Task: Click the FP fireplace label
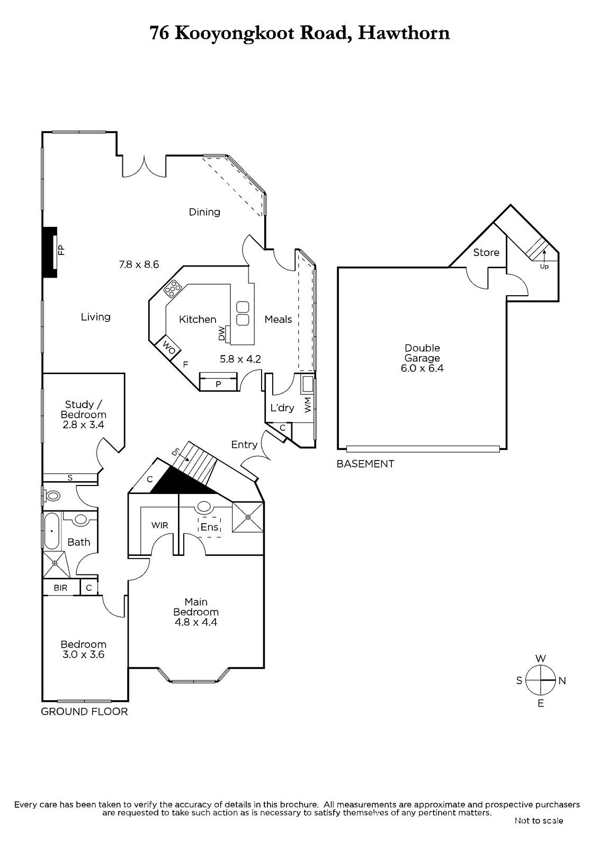pos(61,250)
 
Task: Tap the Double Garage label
pos(422,353)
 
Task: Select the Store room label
pos(486,252)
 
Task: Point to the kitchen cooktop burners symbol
pos(172,288)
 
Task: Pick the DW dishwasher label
pos(222,333)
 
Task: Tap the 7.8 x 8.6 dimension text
pos(139,264)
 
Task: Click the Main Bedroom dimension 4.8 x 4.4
pos(196,622)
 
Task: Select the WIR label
pos(160,525)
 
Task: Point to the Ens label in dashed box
pos(210,527)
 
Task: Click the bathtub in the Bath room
pos(52,531)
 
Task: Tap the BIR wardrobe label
pos(60,588)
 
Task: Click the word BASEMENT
pos(365,464)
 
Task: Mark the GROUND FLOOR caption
pos(84,712)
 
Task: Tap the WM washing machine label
pos(307,405)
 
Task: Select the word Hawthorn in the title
pos(404,33)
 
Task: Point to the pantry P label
pos(218,384)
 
